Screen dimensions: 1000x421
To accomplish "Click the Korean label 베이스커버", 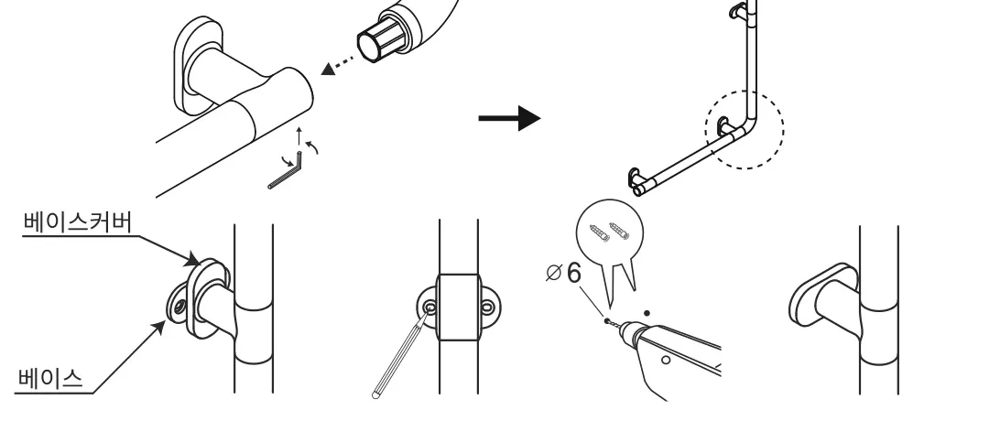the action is click(x=78, y=221).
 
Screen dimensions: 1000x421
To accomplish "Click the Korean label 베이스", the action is click(x=50, y=378).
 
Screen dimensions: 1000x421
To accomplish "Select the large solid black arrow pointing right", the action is click(x=509, y=118).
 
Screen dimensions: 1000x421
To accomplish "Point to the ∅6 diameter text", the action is click(x=565, y=273).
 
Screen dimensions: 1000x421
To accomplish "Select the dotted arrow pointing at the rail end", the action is click(x=338, y=63).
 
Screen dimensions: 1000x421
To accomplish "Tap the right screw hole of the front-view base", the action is click(x=488, y=308).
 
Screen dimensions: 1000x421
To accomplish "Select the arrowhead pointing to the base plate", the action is click(x=158, y=328).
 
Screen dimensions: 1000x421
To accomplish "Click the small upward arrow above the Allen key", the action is click(x=299, y=136).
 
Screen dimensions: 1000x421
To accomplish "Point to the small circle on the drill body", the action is click(x=666, y=360).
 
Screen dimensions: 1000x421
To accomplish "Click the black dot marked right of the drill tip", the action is click(x=647, y=313).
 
